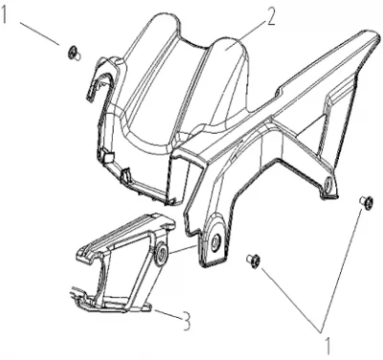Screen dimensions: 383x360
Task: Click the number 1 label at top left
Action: pos(5,14)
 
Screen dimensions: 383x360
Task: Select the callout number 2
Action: pos(270,18)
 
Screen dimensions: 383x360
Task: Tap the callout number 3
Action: pos(186,322)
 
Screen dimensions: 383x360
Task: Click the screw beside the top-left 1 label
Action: pos(74,53)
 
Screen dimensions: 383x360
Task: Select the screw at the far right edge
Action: pos(366,202)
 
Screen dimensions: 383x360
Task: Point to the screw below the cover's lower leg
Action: pos(253,261)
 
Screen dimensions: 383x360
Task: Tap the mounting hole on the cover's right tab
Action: pos(327,184)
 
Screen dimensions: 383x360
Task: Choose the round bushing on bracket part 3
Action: pos(162,254)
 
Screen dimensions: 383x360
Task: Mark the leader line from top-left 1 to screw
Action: pos(40,34)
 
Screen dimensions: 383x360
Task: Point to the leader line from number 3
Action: pos(167,312)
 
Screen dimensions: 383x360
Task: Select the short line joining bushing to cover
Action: pos(183,250)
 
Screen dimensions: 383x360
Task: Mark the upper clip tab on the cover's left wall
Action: pos(108,155)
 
